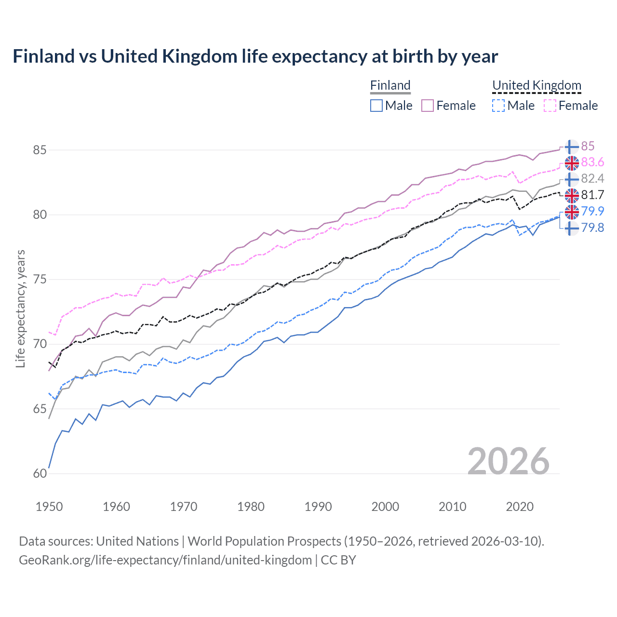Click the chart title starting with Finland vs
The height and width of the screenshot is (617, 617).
(x=255, y=56)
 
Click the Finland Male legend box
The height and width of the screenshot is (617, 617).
(x=376, y=106)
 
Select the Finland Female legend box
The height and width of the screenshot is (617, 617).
(x=428, y=106)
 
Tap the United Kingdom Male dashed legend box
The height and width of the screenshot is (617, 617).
(x=498, y=106)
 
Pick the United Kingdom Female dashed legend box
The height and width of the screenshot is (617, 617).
(x=550, y=106)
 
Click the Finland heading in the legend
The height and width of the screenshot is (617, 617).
(x=390, y=85)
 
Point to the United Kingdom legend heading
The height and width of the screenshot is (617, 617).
(x=537, y=85)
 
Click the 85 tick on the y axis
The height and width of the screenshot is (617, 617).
(x=40, y=150)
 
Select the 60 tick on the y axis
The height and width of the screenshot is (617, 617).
(x=40, y=474)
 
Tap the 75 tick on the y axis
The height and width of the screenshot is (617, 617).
(x=40, y=280)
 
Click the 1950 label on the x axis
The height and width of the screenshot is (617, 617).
(x=49, y=507)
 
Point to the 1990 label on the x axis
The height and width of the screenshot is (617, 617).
(x=318, y=507)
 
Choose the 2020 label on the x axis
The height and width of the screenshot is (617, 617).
(x=520, y=507)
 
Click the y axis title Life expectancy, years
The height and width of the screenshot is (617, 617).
(x=20, y=308)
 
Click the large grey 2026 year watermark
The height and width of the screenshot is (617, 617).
(x=508, y=461)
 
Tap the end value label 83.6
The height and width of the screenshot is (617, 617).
(x=592, y=162)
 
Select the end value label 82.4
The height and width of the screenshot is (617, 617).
(x=592, y=179)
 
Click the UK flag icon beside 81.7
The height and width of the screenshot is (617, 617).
(x=572, y=195)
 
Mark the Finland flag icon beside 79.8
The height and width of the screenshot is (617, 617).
(x=572, y=228)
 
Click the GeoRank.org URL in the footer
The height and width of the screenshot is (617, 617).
(x=165, y=560)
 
